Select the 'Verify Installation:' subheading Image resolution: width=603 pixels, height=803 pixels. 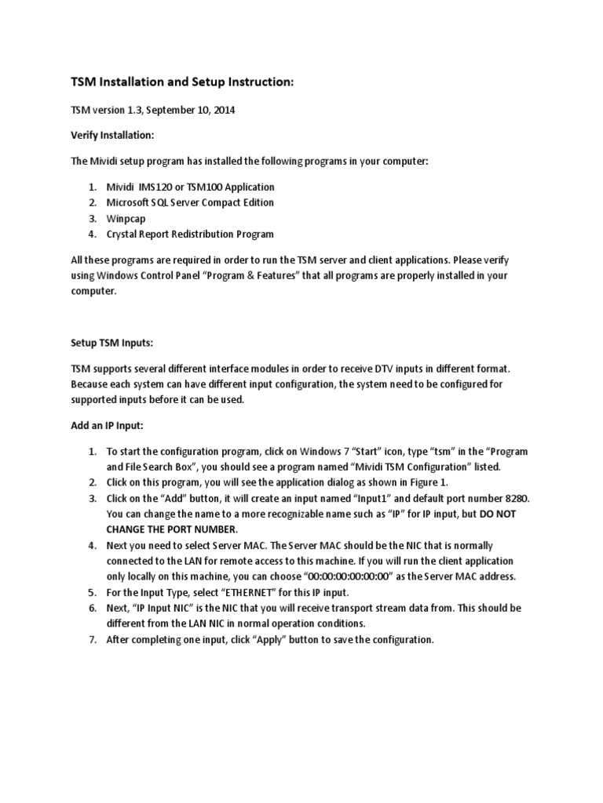[x=112, y=135]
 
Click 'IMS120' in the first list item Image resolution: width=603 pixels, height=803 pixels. [x=158, y=187]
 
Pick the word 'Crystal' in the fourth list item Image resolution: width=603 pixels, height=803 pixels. [x=123, y=234]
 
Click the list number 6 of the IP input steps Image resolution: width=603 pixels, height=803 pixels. [x=91, y=608]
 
